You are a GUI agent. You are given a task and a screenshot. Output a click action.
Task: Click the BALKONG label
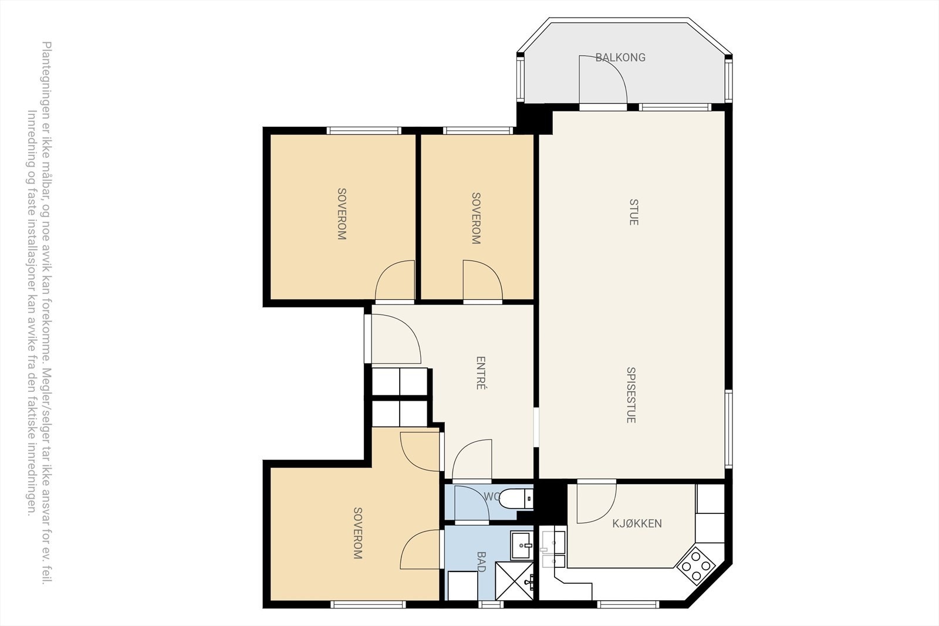pyautogui.click(x=620, y=57)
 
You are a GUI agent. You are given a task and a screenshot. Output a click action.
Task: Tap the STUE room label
pyautogui.click(x=634, y=212)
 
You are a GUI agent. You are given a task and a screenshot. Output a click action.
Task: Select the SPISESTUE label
pyautogui.click(x=631, y=395)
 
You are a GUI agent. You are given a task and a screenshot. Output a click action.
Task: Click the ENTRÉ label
pyautogui.click(x=481, y=373)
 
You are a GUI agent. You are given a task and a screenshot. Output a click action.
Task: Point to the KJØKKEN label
pyautogui.click(x=637, y=523)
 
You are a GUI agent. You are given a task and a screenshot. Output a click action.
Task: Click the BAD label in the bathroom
pyautogui.click(x=481, y=561)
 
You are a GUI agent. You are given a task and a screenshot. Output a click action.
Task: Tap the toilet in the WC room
pyautogui.click(x=515, y=499)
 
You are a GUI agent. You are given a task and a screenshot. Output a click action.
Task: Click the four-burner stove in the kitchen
pyautogui.click(x=696, y=566)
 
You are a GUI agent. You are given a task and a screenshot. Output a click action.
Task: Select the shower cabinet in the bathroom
pyautogui.click(x=515, y=581)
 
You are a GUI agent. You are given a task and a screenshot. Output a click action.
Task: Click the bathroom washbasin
pyautogui.click(x=521, y=545)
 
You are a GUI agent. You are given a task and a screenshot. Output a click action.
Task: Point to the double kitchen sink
pyautogui.click(x=552, y=550)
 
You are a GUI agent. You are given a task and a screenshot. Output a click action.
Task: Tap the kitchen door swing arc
pyautogui.click(x=596, y=503)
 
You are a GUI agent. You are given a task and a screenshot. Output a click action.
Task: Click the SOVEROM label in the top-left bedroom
pyautogui.click(x=342, y=214)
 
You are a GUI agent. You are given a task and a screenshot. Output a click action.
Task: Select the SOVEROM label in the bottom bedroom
pyautogui.click(x=357, y=533)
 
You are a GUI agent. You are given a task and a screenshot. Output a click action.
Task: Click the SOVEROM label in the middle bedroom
pyautogui.click(x=476, y=218)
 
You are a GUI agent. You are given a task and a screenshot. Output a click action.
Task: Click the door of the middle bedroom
pyautogui.click(x=482, y=282)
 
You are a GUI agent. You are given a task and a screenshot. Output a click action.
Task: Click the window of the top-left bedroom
pyautogui.click(x=363, y=130)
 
